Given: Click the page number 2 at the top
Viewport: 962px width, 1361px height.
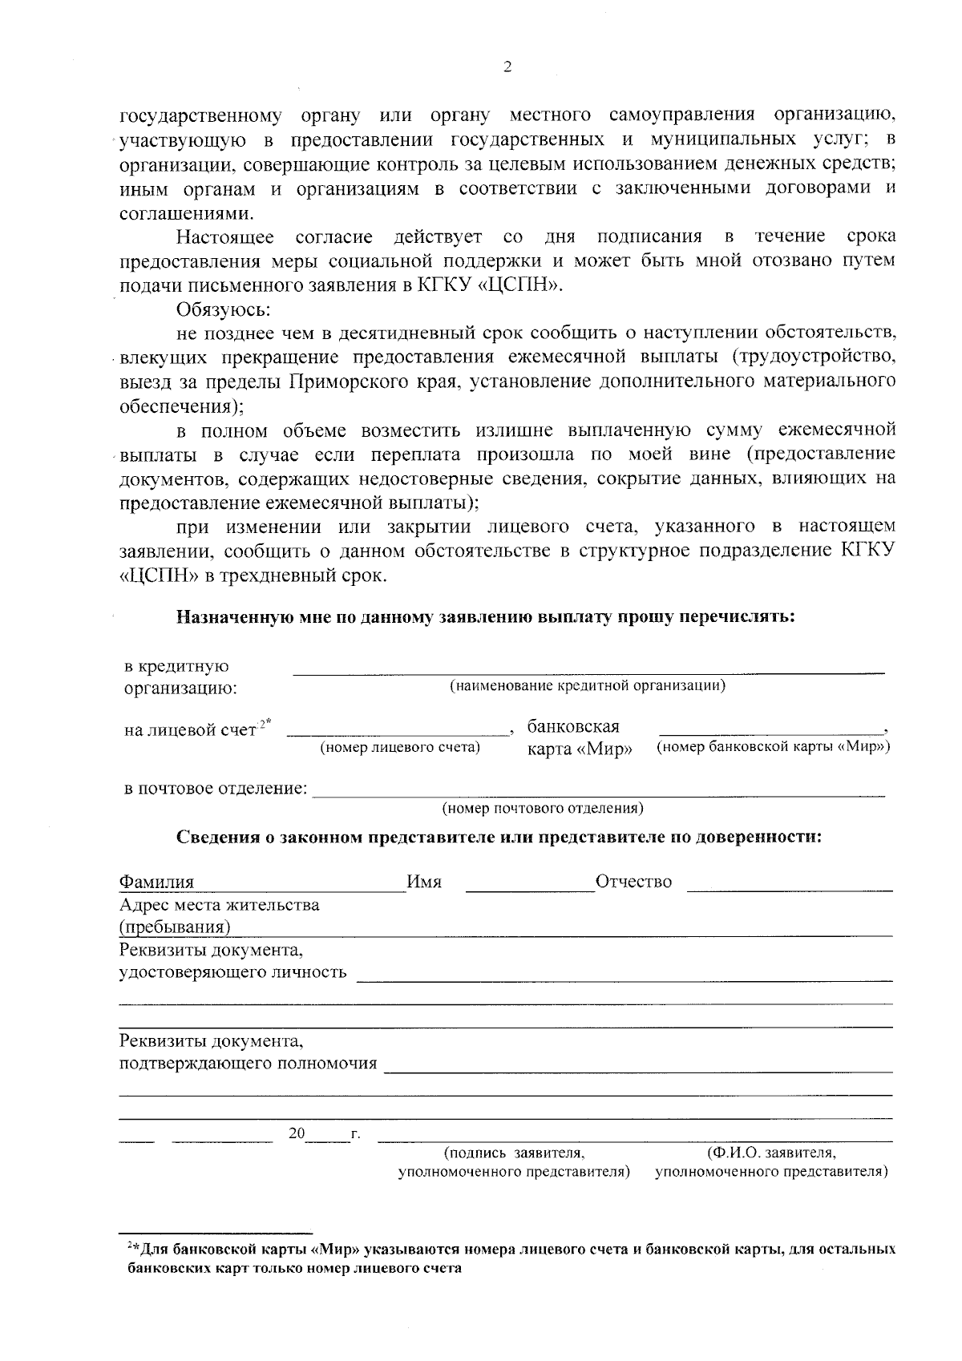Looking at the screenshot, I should tap(506, 67).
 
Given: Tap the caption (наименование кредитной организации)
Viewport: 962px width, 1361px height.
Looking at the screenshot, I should tap(588, 686).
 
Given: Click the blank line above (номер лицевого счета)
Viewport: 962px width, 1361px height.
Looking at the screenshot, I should tap(399, 733).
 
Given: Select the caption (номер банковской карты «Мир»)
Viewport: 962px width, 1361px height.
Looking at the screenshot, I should tap(774, 747).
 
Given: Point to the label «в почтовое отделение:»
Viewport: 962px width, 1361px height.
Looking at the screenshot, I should tap(216, 789).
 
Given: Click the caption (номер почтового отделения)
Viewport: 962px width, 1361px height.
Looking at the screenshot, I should tap(543, 808).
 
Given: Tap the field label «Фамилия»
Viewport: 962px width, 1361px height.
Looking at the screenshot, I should tap(156, 882).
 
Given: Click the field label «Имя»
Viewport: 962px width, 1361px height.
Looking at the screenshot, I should tap(424, 882).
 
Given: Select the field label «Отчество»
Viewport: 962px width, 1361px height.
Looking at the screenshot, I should tap(633, 882).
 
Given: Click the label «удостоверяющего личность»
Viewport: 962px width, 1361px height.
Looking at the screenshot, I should tap(233, 972).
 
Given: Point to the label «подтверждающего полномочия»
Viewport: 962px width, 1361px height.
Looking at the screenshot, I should tap(248, 1064).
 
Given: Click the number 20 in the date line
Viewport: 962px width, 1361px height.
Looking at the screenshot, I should tap(297, 1134).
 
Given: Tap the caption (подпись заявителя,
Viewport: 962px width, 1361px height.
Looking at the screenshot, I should tap(514, 1153).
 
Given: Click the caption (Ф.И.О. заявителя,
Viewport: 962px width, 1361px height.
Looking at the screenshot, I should tap(771, 1153).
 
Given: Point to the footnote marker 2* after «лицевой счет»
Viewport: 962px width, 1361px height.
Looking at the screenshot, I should tap(264, 725).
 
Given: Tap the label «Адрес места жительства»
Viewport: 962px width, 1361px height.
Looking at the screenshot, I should tap(219, 905).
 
